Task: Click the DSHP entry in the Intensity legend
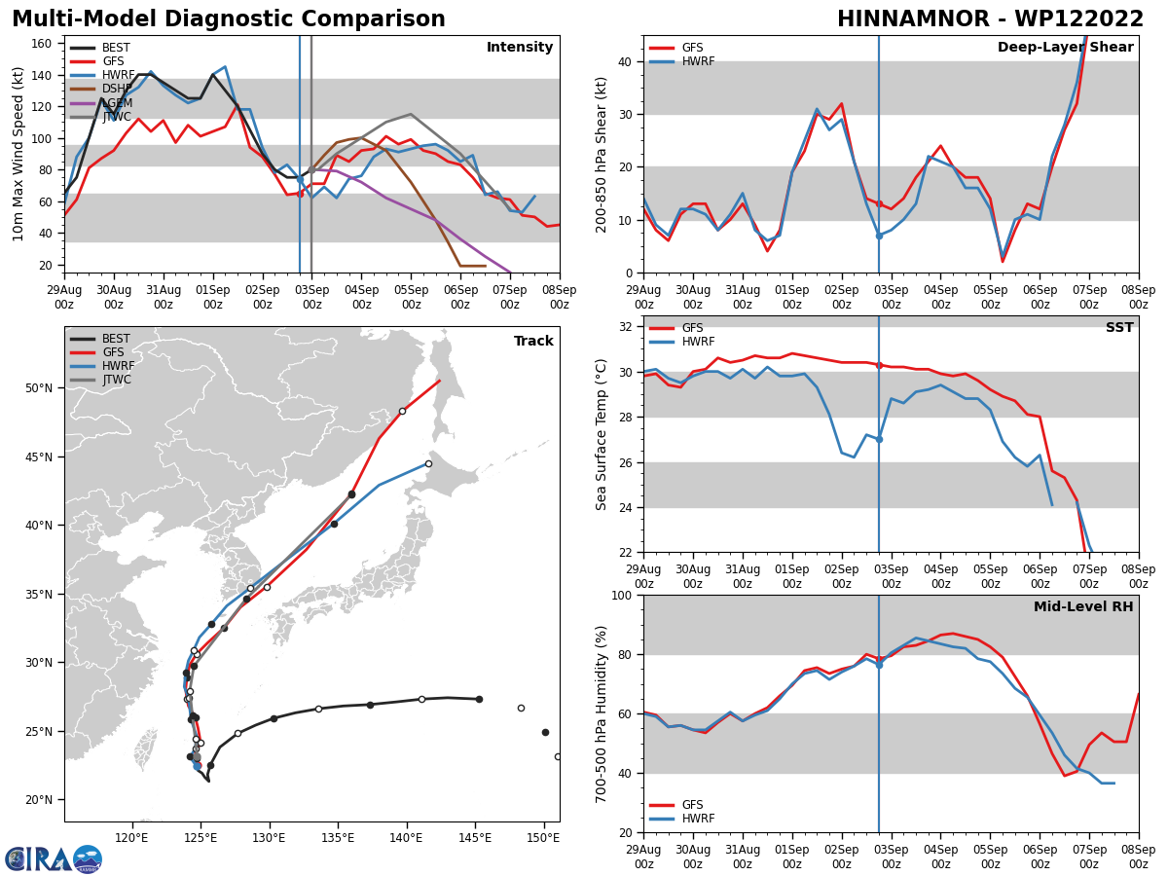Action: (x=116, y=89)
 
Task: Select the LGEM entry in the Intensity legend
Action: (x=116, y=103)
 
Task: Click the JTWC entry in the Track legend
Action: (x=117, y=380)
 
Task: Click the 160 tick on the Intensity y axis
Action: (x=43, y=44)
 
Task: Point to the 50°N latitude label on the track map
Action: (x=39, y=388)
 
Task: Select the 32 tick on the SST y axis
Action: (x=627, y=327)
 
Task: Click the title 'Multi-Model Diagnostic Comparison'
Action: (x=229, y=19)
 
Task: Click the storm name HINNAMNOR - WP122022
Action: (x=990, y=19)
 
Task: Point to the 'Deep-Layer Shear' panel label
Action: (x=1065, y=48)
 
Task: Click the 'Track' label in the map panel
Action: (x=533, y=342)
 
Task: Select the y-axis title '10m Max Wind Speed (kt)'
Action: (x=18, y=154)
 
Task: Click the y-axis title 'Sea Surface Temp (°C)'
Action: (x=602, y=434)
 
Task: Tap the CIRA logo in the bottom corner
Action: (x=54, y=859)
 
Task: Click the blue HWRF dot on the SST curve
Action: (x=879, y=439)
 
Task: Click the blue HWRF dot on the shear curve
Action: (x=879, y=236)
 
